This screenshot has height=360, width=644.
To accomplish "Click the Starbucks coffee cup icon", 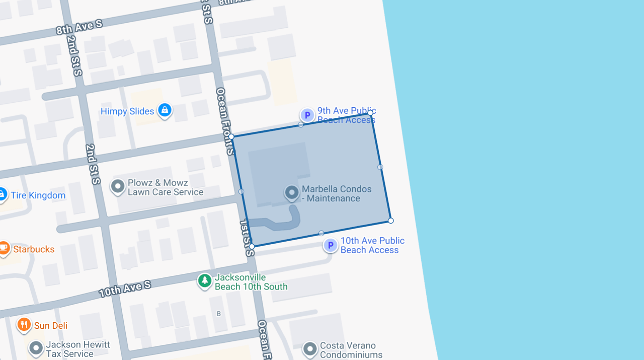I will (4, 248).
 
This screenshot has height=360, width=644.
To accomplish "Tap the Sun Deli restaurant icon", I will (24, 325).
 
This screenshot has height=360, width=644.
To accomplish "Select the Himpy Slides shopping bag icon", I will (165, 110).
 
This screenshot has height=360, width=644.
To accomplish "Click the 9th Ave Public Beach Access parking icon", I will (307, 115).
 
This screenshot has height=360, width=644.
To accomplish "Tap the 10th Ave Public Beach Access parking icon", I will (330, 245).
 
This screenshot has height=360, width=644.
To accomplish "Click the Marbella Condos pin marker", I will (292, 193).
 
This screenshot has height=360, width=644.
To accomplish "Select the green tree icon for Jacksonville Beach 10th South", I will (204, 280).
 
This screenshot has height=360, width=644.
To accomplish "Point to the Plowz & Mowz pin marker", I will (117, 186).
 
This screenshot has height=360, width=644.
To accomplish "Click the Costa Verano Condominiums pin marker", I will (309, 348).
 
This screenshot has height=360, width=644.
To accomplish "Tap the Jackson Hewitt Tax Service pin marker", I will (36, 347).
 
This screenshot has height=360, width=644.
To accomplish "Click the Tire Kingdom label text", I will (38, 195).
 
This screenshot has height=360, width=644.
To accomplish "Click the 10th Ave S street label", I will (125, 289).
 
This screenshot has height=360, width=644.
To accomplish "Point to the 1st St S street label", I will (246, 238).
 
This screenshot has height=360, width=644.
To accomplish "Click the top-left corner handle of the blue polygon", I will (231, 136).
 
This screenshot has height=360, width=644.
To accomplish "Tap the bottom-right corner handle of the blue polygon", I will (391, 221).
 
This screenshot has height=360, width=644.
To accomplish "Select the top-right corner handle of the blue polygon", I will (370, 113).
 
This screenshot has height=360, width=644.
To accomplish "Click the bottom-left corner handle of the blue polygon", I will (252, 246).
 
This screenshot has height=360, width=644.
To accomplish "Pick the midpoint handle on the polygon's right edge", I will (380, 167).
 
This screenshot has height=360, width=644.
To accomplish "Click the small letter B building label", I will (218, 314).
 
